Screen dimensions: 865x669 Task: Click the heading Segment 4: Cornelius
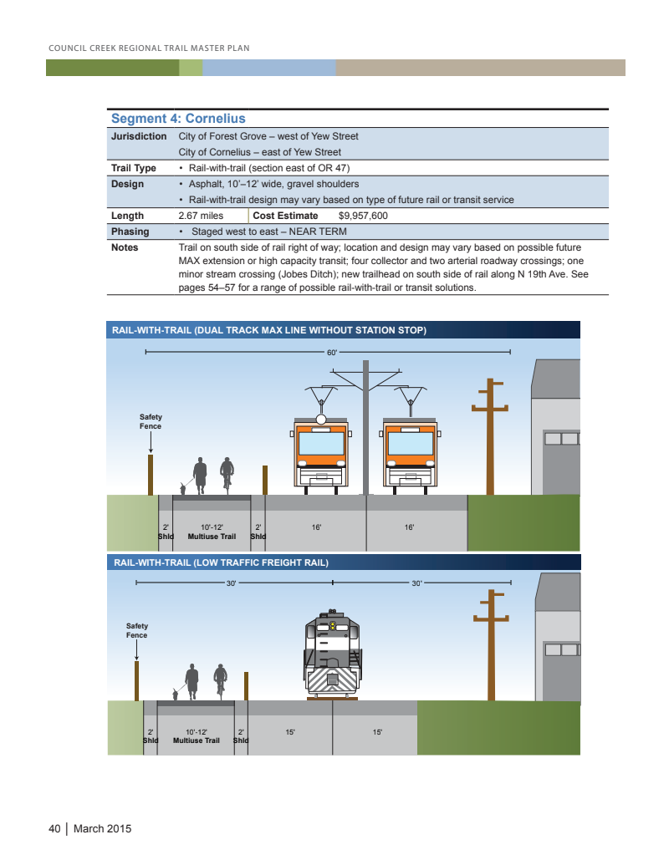click(x=178, y=119)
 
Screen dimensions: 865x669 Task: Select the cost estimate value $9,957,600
click(x=356, y=216)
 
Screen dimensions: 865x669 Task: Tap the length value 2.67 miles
click(x=201, y=216)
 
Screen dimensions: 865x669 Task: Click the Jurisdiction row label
click(x=139, y=136)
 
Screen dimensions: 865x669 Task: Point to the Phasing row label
click(x=130, y=232)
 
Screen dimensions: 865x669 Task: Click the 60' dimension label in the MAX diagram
click(x=331, y=353)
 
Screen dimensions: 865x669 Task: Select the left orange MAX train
click(x=321, y=451)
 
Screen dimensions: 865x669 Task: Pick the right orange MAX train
click(x=410, y=451)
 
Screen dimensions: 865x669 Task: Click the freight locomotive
click(x=333, y=655)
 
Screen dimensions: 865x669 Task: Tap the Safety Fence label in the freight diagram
click(x=136, y=631)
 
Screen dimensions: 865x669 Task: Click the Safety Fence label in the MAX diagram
click(x=151, y=422)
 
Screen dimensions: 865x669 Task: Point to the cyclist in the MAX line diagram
click(x=226, y=474)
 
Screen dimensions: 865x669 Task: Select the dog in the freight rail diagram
click(x=176, y=693)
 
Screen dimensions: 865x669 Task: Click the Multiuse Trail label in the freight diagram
click(x=197, y=740)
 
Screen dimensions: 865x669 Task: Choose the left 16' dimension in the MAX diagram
click(x=316, y=527)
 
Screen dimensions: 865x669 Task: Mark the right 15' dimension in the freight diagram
click(x=377, y=732)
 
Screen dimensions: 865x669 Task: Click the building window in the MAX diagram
click(x=560, y=439)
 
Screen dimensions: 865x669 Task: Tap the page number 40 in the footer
click(x=54, y=829)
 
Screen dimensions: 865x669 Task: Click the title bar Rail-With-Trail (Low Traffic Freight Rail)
click(x=221, y=562)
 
